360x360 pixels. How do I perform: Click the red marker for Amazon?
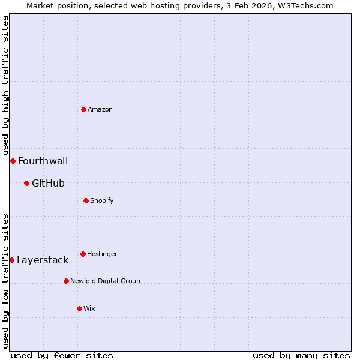coord(83,109)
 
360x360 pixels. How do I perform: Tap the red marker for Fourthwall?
coord(13,161)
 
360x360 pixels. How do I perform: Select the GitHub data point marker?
coord(26,183)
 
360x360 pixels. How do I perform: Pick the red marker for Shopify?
coord(86,200)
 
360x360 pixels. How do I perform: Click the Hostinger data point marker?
coord(83,254)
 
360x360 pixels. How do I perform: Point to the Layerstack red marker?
coord(11,260)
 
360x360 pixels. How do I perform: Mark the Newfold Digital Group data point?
coord(66,281)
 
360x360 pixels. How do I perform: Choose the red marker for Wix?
coord(79,308)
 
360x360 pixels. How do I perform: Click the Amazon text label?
coord(100,109)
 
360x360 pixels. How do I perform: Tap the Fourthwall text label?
coord(43,161)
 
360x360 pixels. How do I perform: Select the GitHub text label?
coord(48,183)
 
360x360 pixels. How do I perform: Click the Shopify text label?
coord(102,200)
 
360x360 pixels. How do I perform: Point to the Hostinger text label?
coord(102,254)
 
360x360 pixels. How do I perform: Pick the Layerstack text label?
coord(43,260)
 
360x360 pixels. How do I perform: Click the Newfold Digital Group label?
coord(105,281)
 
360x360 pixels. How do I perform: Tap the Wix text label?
coord(89,308)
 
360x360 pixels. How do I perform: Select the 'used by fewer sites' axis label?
coord(62,355)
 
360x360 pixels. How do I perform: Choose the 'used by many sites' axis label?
coord(301,355)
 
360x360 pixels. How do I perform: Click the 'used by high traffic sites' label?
coord(5,84)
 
